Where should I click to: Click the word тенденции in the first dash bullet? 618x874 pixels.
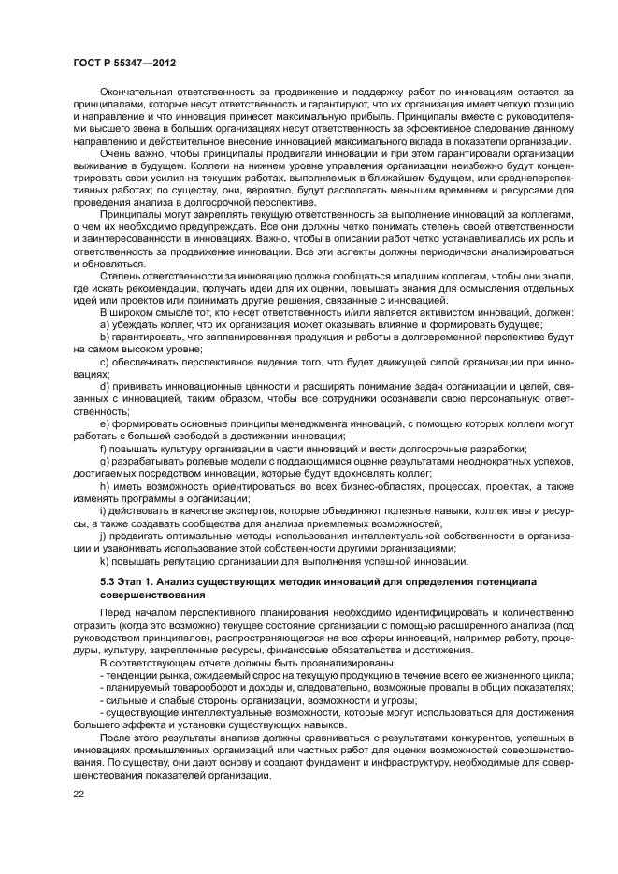point(131,674)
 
